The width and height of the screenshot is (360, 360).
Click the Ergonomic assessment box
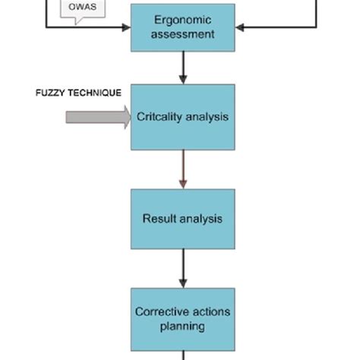click(x=182, y=27)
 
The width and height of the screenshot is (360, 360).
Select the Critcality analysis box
click(x=182, y=117)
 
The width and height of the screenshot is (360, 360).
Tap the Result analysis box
click(x=182, y=219)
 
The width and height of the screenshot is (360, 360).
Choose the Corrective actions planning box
click(x=182, y=318)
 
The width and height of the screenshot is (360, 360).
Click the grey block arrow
click(x=97, y=117)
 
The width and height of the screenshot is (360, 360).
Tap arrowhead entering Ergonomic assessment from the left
click(x=125, y=27)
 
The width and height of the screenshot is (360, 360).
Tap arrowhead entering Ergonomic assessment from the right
click(x=240, y=27)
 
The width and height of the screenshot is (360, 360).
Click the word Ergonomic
click(x=182, y=20)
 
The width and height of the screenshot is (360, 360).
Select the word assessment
click(x=182, y=34)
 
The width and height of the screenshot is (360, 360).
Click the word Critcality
click(x=160, y=117)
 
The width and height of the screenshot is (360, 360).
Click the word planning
click(x=182, y=327)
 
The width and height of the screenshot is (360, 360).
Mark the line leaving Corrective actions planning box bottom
click(x=182, y=355)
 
